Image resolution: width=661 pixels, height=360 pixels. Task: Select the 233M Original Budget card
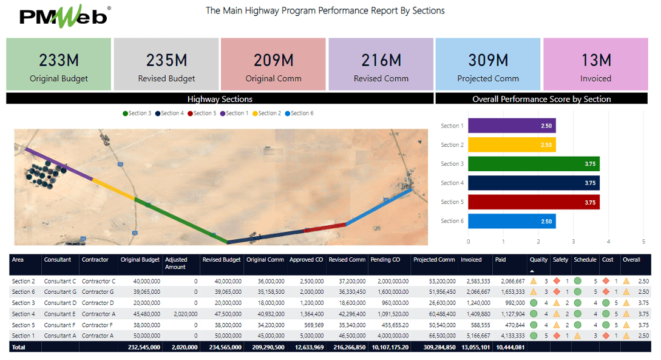(59, 64)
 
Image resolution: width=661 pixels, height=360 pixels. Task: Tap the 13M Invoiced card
(595, 64)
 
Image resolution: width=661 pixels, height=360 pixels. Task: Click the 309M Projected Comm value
(488, 60)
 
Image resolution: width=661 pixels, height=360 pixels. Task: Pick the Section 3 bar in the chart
(534, 164)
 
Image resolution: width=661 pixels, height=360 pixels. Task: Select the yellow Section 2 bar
(512, 145)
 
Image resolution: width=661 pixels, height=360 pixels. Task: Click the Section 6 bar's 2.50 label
(546, 222)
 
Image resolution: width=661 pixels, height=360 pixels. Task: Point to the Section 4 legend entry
(170, 114)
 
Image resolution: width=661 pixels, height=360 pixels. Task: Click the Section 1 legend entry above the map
(234, 114)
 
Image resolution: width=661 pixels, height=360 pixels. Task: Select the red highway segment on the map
(325, 227)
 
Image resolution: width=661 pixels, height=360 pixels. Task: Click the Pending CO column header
(385, 260)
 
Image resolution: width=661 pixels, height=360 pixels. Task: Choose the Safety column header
(560, 260)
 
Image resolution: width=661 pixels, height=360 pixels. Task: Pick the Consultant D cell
(60, 303)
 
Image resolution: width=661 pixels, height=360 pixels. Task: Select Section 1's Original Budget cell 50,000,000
(140, 336)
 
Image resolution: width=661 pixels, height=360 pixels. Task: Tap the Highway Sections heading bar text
(220, 99)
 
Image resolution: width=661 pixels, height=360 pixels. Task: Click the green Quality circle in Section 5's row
(533, 325)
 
